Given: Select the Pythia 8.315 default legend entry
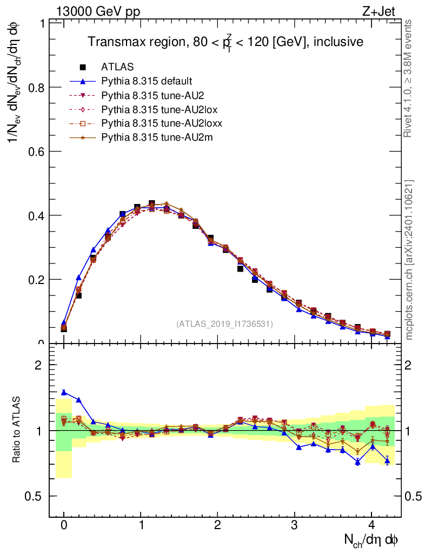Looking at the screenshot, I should pos(146,81).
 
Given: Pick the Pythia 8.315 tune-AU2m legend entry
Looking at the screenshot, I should pos(157,137).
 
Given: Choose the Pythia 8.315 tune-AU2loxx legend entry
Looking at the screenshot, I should pos(162,123).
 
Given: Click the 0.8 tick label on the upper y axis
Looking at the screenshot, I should pos(36,88).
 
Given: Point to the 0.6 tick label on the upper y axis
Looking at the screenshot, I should pos(36,151).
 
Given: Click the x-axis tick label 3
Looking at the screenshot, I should pos(295,525).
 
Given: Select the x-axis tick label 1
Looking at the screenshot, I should pos(141,525).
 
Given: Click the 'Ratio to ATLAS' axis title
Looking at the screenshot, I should pos(16,431).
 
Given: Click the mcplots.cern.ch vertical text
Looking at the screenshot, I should pos(409,260).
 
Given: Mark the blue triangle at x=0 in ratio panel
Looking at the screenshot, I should pos(64,392).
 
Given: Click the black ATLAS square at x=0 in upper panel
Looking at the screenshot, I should pos(64,328).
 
